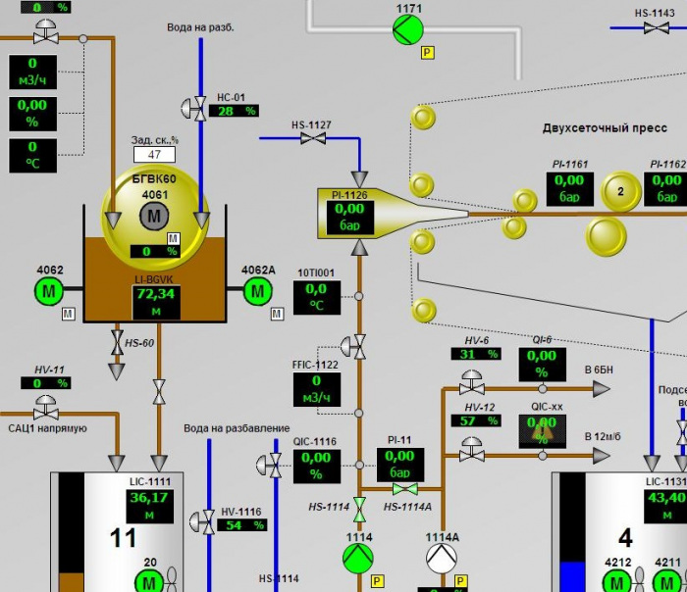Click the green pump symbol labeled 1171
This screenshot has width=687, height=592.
tap(408, 30)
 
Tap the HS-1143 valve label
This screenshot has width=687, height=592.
tap(655, 14)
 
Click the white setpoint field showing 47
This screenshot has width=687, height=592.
tap(154, 154)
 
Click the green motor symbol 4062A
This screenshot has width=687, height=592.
tap(258, 290)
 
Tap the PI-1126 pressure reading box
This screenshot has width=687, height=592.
tap(349, 217)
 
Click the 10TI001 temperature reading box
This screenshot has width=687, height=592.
tap(316, 297)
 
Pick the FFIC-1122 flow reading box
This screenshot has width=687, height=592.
tap(316, 388)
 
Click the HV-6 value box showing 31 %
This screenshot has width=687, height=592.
tap(481, 355)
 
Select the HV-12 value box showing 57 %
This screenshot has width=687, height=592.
tap(481, 420)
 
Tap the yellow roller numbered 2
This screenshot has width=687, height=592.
tap(620, 191)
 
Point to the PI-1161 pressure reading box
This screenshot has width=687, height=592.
tap(568, 188)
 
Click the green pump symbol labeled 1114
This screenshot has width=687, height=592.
tap(358, 559)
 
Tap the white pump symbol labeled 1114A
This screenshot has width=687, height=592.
tap(442, 559)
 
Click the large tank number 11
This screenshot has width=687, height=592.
tap(123, 537)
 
